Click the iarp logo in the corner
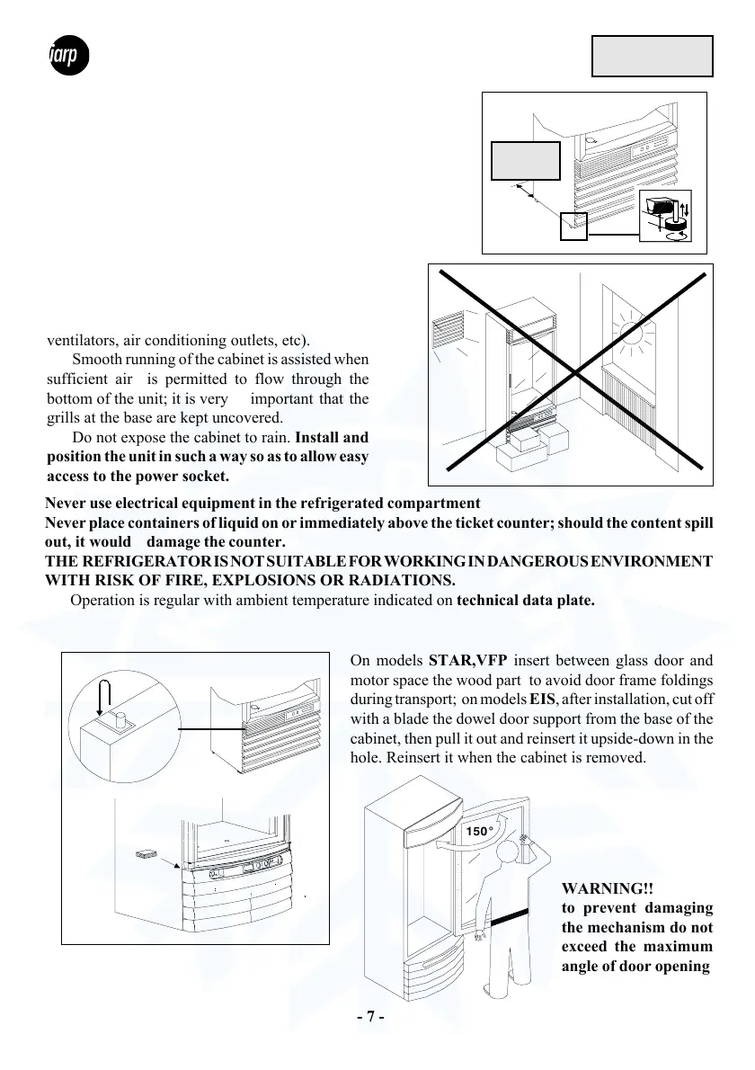[67, 58]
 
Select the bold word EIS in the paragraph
[542, 700]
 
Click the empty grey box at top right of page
[653, 57]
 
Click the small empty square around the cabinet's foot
[573, 226]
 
